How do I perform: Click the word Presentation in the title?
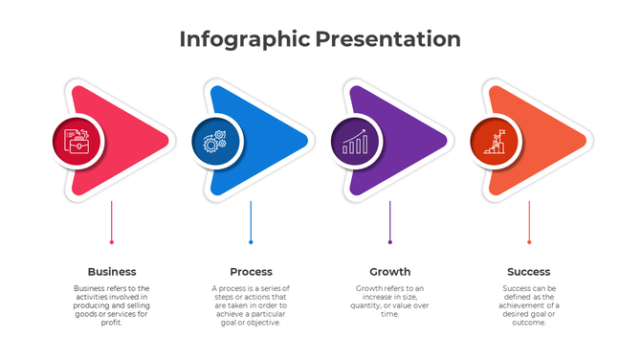pyautogui.click(x=388, y=39)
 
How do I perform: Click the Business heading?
pyautogui.click(x=112, y=272)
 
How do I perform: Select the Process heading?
pyautogui.click(x=251, y=272)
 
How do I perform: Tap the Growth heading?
pyautogui.click(x=389, y=272)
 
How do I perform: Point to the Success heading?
pyautogui.click(x=529, y=272)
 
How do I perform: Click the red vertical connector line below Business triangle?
pyautogui.click(x=112, y=220)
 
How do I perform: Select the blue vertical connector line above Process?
pyautogui.click(x=251, y=220)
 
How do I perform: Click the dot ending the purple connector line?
pyautogui.click(x=389, y=242)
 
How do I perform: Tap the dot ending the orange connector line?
pyautogui.click(x=529, y=242)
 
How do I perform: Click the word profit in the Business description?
pyautogui.click(x=112, y=324)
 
